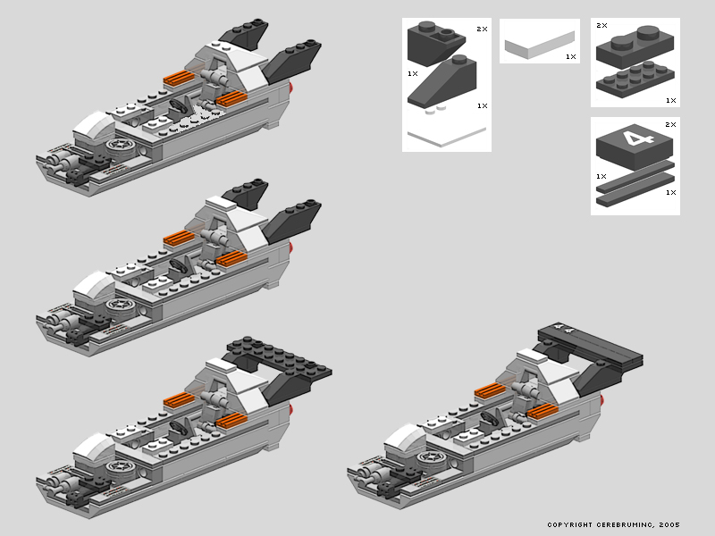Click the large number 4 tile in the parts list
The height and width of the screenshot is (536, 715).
[635, 145]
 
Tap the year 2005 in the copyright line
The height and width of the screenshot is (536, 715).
[669, 524]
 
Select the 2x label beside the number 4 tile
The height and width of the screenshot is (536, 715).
[670, 124]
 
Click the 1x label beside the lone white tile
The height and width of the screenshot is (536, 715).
[571, 56]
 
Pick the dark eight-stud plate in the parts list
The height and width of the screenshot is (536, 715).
[635, 78]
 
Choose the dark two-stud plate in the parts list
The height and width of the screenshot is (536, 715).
[635, 45]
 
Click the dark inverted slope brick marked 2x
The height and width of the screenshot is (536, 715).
[436, 42]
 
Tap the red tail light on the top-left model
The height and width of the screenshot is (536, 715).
[290, 87]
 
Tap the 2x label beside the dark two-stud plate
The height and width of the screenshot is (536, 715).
[601, 26]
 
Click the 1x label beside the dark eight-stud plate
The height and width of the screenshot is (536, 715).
[670, 100]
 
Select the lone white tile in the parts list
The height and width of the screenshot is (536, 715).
[540, 45]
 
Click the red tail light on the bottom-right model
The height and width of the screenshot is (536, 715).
[601, 400]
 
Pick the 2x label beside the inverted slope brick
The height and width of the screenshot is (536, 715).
[482, 29]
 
